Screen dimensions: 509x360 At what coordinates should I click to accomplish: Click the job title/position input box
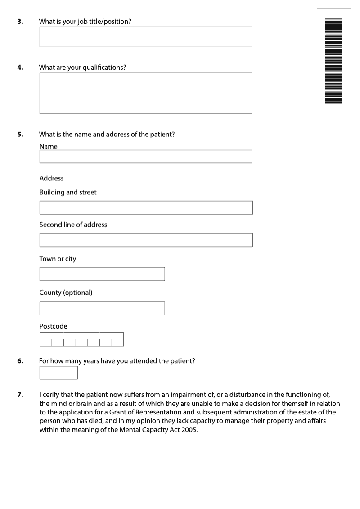[145, 37]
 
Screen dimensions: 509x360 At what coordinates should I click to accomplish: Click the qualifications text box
[145, 93]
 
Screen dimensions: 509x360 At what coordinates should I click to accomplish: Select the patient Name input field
[145, 157]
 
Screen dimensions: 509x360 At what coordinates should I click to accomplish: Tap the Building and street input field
[146, 207]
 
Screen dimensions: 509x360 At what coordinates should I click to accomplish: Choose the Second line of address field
[146, 240]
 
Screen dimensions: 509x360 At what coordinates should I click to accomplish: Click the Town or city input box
[102, 274]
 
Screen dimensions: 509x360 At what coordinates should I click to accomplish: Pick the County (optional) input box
[102, 308]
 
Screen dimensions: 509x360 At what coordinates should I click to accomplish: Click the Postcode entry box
[81, 339]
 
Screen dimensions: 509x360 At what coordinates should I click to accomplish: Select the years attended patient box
[58, 373]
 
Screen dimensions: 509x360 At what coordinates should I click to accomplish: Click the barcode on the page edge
[333, 61]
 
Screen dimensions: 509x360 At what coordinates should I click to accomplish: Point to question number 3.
[20, 21]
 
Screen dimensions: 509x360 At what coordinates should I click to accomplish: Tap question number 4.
[20, 68]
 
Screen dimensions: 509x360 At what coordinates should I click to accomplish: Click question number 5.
[20, 134]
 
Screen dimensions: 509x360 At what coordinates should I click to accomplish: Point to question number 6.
[20, 361]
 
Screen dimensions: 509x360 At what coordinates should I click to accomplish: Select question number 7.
[20, 395]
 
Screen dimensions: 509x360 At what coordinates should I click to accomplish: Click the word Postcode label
[53, 326]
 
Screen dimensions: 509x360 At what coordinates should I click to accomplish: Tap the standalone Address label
[51, 178]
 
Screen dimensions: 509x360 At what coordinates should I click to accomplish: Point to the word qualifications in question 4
[104, 68]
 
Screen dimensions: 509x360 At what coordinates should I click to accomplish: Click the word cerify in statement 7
[51, 395]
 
